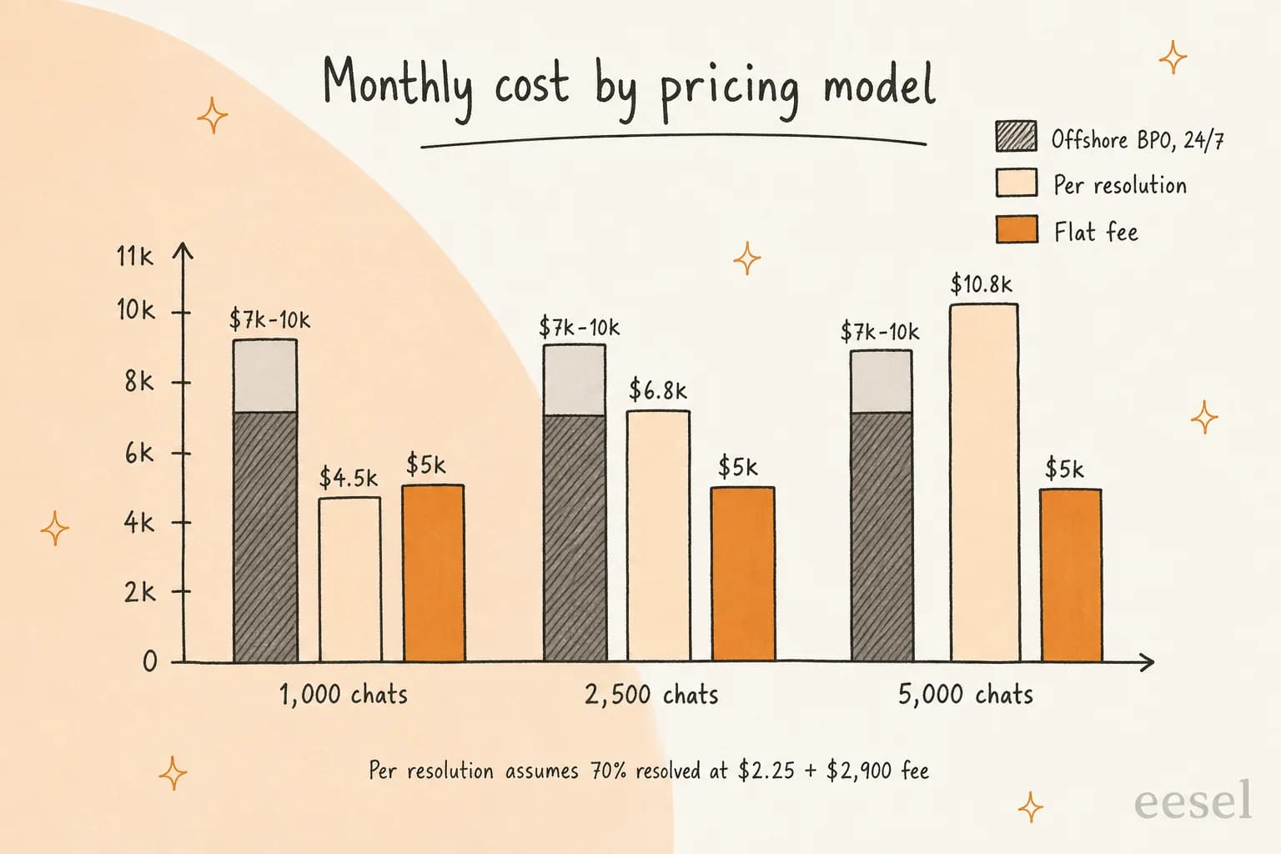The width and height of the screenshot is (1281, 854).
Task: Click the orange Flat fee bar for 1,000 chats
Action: [434, 573]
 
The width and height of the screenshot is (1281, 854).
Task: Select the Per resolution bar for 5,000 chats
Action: [985, 483]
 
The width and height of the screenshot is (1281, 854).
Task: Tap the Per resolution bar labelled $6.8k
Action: [658, 536]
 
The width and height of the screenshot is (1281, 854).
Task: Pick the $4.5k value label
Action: [349, 477]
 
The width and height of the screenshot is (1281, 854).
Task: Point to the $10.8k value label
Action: [981, 284]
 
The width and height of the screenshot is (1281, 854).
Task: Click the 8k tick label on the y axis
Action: [139, 381]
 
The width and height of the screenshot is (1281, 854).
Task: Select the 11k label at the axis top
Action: [135, 256]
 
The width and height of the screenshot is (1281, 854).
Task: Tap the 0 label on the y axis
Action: [150, 661]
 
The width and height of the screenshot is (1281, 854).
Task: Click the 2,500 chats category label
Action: [651, 695]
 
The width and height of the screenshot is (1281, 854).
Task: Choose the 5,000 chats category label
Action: [965, 695]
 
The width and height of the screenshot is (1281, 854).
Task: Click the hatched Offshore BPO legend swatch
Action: [1017, 136]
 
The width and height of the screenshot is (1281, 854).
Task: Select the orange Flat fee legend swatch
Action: [1017, 229]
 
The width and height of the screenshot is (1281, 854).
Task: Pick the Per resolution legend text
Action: [1120, 185]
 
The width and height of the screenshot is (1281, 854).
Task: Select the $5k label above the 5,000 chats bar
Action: [1063, 469]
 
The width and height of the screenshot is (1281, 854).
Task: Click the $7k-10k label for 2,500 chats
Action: [579, 328]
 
